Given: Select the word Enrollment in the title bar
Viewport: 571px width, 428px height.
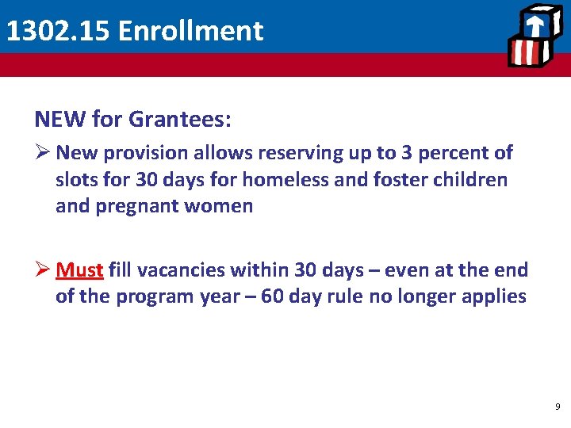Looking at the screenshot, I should (x=191, y=31).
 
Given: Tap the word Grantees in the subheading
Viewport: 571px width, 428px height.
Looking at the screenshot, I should (x=179, y=119).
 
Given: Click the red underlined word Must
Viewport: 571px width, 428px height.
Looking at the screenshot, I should (x=79, y=270).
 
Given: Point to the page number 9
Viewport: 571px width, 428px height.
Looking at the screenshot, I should (x=558, y=406).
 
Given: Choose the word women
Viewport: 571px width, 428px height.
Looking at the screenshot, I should (x=224, y=206).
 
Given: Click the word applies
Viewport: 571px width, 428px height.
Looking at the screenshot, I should (x=496, y=296).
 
